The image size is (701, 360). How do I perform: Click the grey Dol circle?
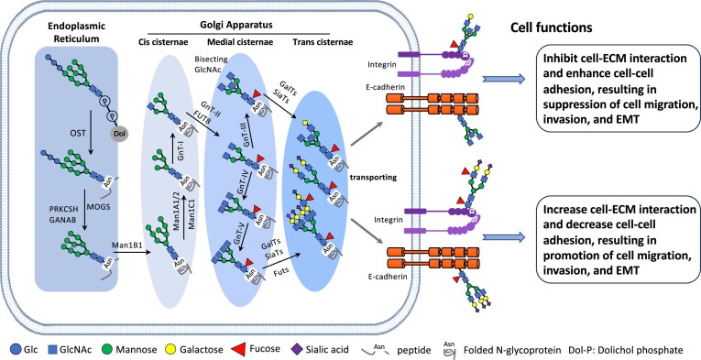coord(117,133)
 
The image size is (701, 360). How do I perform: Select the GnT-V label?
coord(240,231)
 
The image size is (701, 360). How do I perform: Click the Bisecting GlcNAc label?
coord(212,63)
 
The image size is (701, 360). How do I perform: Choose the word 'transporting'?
coord(368,178)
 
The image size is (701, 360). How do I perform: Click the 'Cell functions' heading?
coord(552,27)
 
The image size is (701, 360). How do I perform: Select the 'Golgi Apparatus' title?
coord(238,25)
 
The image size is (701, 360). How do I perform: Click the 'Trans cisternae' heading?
coord(323,42)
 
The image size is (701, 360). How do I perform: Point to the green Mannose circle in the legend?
coord(109,349)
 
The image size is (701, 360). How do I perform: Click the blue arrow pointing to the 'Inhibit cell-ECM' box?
coord(503,80)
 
